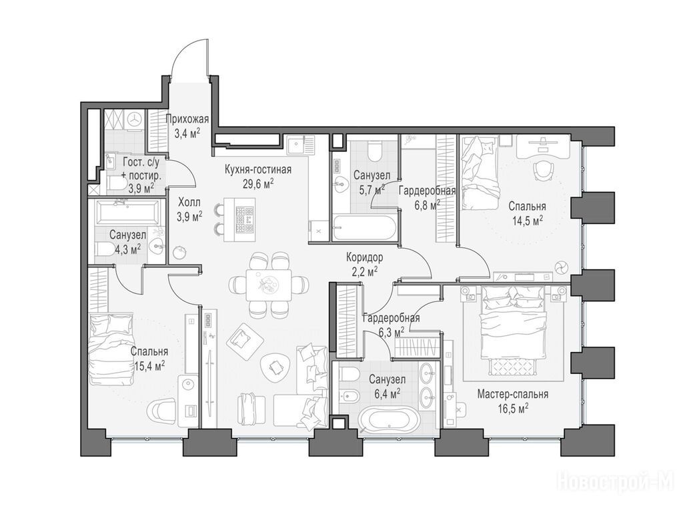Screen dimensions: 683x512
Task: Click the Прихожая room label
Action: point(187,119)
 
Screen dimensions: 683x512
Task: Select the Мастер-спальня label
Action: point(513,395)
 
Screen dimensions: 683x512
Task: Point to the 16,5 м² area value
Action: point(513,408)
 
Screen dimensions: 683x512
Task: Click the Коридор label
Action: point(365,257)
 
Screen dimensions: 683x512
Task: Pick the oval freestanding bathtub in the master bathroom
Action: point(389,419)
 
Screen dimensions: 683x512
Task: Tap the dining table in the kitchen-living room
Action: point(268,285)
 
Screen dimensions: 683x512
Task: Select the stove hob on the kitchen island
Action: point(244,219)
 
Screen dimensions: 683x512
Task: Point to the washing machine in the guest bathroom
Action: point(135,119)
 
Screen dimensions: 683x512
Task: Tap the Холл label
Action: point(190,203)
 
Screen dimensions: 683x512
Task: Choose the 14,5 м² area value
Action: point(527,220)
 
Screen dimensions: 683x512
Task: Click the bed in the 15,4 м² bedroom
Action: point(110,349)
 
